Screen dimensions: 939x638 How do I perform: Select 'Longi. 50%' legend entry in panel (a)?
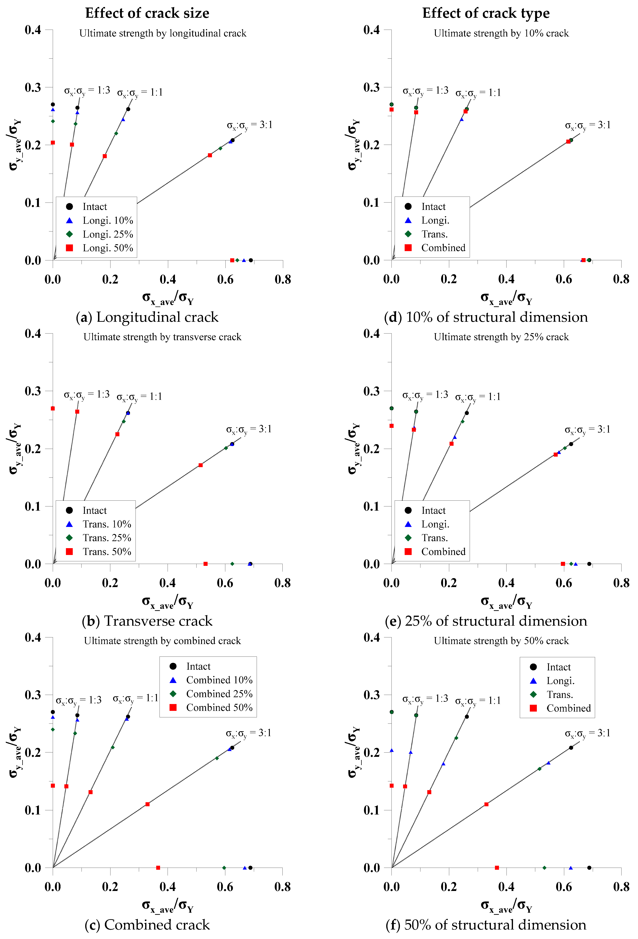point(107,248)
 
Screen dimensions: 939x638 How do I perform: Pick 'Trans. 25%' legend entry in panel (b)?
point(107,538)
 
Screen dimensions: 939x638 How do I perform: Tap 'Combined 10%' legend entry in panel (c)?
point(219,680)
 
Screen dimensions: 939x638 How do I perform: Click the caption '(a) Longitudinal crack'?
point(147,317)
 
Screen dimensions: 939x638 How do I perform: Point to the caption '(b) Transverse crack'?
point(147,621)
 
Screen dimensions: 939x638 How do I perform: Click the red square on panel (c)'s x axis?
point(158,867)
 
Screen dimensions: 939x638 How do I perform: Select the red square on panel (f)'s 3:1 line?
point(487,804)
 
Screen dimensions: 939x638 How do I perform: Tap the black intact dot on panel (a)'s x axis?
point(251,260)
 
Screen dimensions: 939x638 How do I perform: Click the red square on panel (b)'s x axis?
point(206,564)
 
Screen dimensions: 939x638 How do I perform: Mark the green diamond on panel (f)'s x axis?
point(544,867)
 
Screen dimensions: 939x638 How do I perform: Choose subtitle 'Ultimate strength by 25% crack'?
point(501,337)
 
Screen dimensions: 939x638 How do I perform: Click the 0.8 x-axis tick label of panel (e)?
point(621,583)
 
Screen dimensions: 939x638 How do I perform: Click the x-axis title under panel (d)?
point(506,299)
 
